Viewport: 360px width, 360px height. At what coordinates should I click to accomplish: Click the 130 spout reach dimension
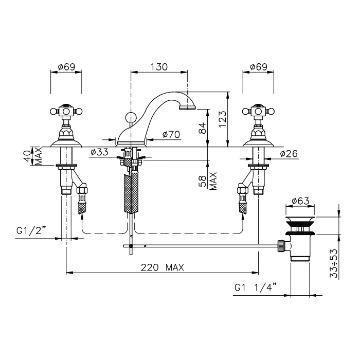[x=159, y=67]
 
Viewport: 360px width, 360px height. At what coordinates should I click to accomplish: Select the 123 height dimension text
[x=222, y=119]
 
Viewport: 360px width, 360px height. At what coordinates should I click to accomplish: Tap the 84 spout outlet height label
[x=202, y=129]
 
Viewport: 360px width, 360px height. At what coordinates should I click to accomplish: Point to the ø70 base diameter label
[x=171, y=134]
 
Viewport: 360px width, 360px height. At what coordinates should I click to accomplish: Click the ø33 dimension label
[x=99, y=152]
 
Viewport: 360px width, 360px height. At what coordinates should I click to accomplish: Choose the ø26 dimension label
[x=289, y=153]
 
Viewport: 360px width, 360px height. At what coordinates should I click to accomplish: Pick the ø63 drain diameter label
[x=300, y=201]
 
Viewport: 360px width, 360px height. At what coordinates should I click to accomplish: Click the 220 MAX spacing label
[x=163, y=267]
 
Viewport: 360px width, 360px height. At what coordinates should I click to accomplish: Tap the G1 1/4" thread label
[x=256, y=287]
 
